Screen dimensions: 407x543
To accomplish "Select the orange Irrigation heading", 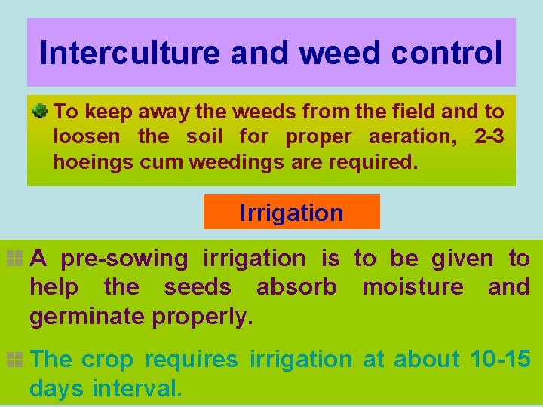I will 291,213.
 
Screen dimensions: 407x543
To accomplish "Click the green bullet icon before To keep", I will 41,112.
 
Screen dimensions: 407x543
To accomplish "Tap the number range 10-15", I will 499,360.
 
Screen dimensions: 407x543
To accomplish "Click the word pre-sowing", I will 124,259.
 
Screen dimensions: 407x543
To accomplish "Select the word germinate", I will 87,316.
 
